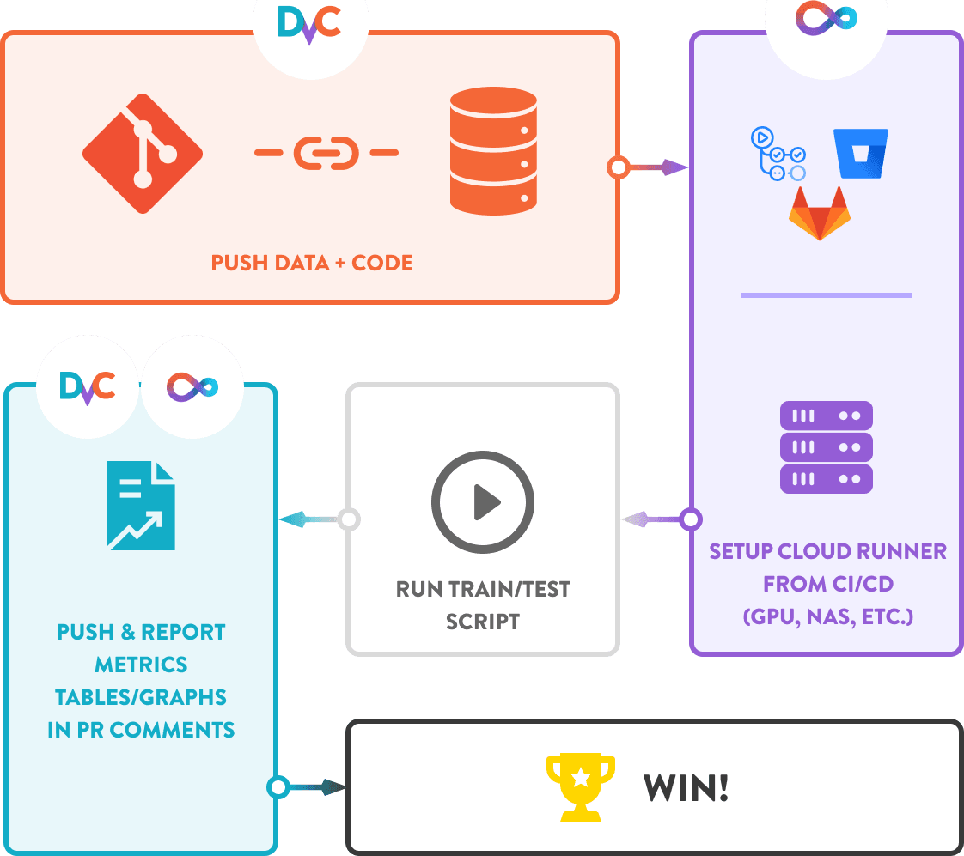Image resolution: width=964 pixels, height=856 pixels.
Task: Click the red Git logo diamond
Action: point(143,154)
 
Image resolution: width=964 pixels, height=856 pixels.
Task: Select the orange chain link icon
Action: point(326,153)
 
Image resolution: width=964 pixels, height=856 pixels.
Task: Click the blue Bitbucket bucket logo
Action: point(860,154)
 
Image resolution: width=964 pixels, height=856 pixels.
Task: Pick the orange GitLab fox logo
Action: point(819,212)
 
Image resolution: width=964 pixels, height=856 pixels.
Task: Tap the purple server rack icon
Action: point(826,447)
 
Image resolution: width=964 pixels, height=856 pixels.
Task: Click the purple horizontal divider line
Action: point(826,295)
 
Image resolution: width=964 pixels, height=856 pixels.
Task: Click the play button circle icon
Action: point(482,501)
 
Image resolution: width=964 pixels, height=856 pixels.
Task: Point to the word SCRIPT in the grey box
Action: point(483,622)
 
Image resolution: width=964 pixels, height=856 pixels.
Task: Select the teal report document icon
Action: point(141,506)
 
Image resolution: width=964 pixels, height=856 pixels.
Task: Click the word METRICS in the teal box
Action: point(141,665)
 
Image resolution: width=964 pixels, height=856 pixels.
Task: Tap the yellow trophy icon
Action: point(581,786)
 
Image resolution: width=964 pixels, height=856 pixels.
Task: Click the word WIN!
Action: point(686,787)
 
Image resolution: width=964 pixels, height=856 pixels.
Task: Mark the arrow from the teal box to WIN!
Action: point(311,786)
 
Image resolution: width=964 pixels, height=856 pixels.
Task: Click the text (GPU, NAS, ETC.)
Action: point(827,616)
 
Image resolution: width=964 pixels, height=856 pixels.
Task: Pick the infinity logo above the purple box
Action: point(826,18)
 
